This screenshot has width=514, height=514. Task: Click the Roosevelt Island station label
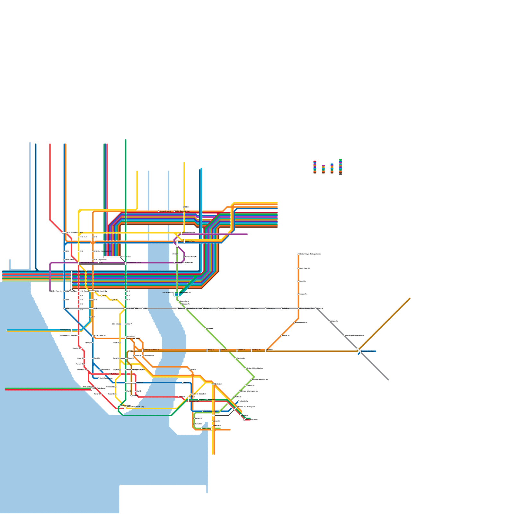pyautogui.click(x=165, y=211)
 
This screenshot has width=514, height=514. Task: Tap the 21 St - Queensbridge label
pyautogui.click(x=182, y=211)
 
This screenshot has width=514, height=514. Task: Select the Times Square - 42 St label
pyautogui.click(x=87, y=262)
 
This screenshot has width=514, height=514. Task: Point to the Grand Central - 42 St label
pyautogui.click(x=134, y=262)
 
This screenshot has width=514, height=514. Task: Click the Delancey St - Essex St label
pyautogui.click(x=151, y=350)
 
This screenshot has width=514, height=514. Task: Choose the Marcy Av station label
pyautogui.click(x=211, y=350)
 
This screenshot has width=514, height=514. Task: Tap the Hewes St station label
pyautogui.click(x=224, y=350)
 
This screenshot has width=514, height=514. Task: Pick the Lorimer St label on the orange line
pyautogui.click(x=242, y=350)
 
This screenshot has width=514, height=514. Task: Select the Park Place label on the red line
pyautogui.click(x=115, y=374)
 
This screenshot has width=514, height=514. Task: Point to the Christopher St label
pyautogui.click(x=65, y=330)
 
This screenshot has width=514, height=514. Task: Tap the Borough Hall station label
pyautogui.click(x=194, y=401)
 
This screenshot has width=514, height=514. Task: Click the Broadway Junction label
pyautogui.click(x=368, y=351)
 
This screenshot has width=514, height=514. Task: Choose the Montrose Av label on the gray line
pyautogui.click(x=239, y=308)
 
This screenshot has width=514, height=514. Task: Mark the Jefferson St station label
pyautogui.click(x=271, y=308)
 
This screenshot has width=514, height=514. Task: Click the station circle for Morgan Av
pyautogui.click(x=250, y=308)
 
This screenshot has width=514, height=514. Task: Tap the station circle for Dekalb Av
pyautogui.click(x=281, y=308)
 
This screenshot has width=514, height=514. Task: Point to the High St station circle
pyautogui.click(x=183, y=383)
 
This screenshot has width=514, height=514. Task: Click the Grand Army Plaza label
pyautogui.click(x=252, y=420)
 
